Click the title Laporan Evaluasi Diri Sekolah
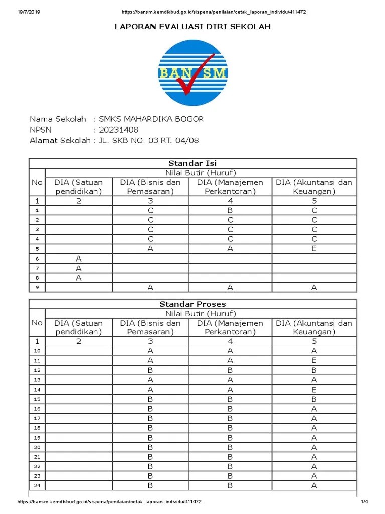pyautogui.click(x=193, y=27)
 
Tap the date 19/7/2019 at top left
pyautogui.click(x=28, y=12)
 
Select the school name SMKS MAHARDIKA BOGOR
pyautogui.click(x=151, y=119)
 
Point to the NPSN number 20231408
pyautogui.click(x=118, y=130)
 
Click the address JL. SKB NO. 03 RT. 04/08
pyautogui.click(x=148, y=140)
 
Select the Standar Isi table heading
pyautogui.click(x=193, y=163)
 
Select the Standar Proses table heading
pyautogui.click(x=193, y=304)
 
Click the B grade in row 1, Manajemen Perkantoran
pyautogui.click(x=230, y=211)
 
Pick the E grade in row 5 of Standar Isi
pyautogui.click(x=314, y=249)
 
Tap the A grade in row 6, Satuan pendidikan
pyautogui.click(x=79, y=259)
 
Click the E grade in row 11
pyautogui.click(x=314, y=360)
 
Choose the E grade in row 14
pyautogui.click(x=314, y=389)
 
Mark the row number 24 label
pyautogui.click(x=37, y=485)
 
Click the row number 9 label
pyautogui.click(x=37, y=287)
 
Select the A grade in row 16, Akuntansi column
pyautogui.click(x=314, y=409)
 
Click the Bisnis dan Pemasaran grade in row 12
pyautogui.click(x=150, y=370)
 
